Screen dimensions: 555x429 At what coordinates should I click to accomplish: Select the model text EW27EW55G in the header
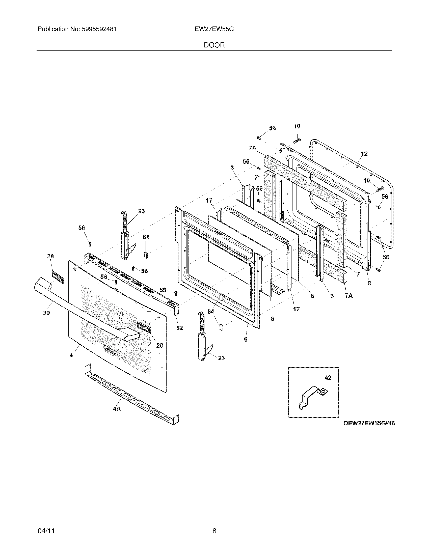(x=214, y=29)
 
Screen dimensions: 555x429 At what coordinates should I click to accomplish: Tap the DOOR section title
(x=214, y=45)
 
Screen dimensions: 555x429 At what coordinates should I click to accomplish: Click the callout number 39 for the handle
(x=46, y=313)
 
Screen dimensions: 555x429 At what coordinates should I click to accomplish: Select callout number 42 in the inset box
(x=328, y=378)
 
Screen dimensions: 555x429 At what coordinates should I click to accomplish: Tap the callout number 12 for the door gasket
(x=364, y=154)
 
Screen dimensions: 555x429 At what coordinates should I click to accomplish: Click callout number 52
(x=179, y=328)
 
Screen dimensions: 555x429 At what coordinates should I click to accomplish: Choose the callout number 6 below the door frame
(x=246, y=339)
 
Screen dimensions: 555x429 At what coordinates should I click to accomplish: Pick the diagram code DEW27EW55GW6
(x=369, y=423)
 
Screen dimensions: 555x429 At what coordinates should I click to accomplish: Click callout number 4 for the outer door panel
(x=71, y=355)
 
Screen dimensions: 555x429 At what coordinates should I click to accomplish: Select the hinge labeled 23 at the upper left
(x=126, y=236)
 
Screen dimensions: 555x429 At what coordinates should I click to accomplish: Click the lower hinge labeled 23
(x=203, y=338)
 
